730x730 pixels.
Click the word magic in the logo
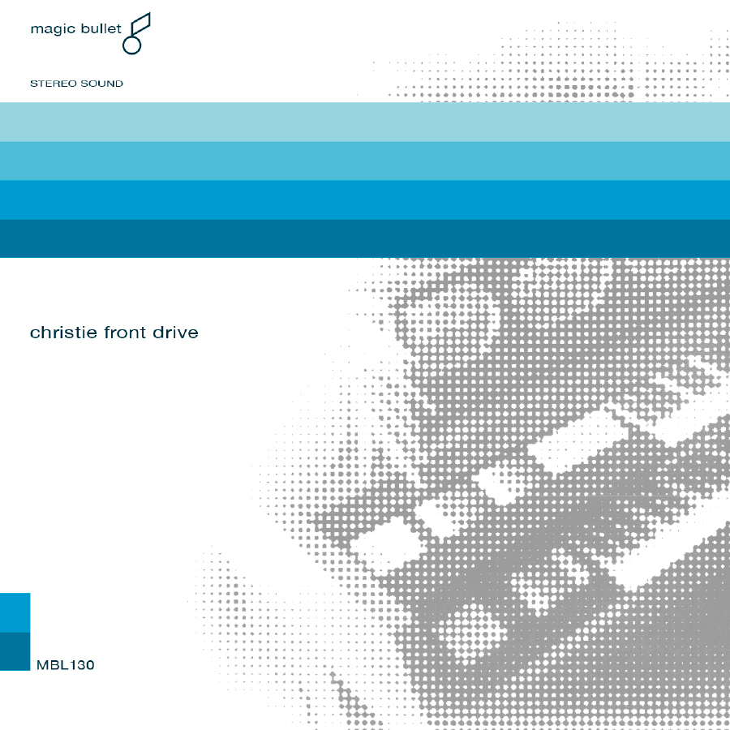click(53, 30)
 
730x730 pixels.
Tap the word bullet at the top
click(101, 28)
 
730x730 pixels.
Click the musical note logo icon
click(136, 33)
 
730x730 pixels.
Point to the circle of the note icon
click(131, 45)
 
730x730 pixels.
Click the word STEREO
click(54, 84)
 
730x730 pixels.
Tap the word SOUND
click(102, 84)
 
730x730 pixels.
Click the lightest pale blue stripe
click(365, 122)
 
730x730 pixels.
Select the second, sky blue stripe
click(365, 161)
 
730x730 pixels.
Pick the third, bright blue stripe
click(365, 200)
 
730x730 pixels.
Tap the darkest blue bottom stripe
click(365, 238)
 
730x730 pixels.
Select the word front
click(125, 333)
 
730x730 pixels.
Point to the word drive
click(175, 333)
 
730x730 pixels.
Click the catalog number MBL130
click(65, 665)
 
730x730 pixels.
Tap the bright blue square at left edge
click(15, 612)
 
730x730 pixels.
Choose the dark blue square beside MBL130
click(15, 651)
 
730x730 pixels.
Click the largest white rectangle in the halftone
click(578, 440)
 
